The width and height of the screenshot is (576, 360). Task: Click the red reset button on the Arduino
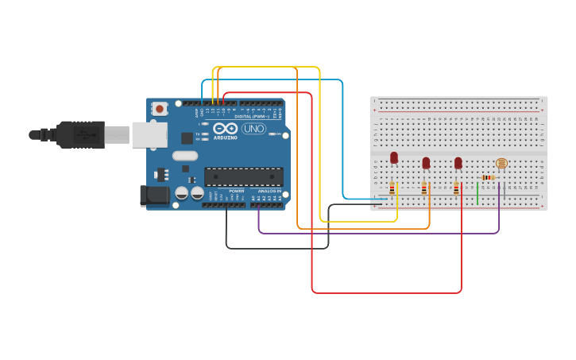(160, 109)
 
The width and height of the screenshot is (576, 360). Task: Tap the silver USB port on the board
(149, 134)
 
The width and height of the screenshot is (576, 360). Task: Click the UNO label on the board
(253, 129)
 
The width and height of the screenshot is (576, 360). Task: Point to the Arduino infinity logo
(225, 128)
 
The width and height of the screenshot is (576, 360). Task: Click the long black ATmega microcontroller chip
(243, 176)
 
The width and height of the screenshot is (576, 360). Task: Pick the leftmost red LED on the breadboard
(394, 157)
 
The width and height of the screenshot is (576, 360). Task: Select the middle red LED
(426, 162)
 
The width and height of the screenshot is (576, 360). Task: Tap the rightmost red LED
(458, 162)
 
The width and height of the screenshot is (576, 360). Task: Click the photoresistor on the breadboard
(501, 163)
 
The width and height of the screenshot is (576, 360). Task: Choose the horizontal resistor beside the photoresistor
(488, 177)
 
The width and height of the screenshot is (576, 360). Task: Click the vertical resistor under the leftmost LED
(392, 188)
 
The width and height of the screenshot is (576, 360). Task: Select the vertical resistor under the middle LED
(424, 188)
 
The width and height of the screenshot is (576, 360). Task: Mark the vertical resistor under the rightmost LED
(456, 188)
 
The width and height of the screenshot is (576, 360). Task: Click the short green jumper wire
(477, 193)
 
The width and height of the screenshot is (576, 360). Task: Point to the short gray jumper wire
(504, 192)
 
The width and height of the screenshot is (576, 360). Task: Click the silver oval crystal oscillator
(184, 156)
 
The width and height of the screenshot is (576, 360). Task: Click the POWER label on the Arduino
(236, 192)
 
